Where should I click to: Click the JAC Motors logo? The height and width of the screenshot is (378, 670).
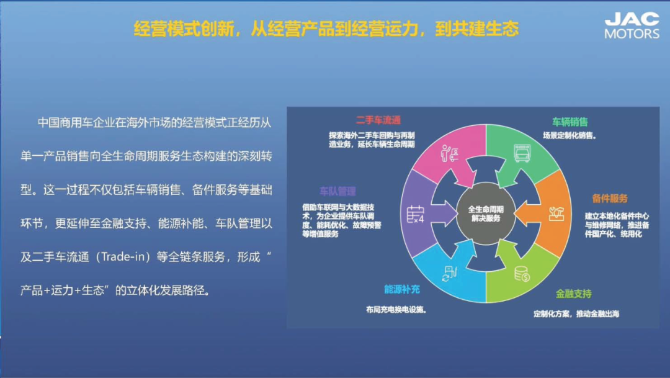click(x=632, y=25)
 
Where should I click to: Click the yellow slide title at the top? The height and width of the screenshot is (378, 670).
click(x=326, y=29)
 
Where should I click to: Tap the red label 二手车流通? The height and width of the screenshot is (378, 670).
click(x=378, y=120)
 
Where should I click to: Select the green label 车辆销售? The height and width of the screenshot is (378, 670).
click(x=569, y=122)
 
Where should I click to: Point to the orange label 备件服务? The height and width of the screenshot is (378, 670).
click(x=610, y=199)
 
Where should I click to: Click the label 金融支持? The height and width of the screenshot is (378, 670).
click(x=573, y=294)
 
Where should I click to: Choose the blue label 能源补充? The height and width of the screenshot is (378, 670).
click(x=401, y=289)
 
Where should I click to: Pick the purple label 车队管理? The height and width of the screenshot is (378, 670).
click(x=337, y=191)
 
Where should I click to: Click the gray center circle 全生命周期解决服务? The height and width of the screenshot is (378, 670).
click(x=486, y=214)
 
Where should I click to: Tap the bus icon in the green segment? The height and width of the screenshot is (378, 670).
click(x=522, y=153)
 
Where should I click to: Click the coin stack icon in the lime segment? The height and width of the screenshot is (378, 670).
click(x=522, y=274)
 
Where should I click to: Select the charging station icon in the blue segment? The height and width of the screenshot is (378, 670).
click(x=450, y=274)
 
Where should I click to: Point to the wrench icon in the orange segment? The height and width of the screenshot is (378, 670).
click(x=556, y=214)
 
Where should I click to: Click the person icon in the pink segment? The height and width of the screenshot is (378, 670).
click(x=449, y=153)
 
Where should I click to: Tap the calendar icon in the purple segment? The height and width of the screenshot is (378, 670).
click(x=415, y=214)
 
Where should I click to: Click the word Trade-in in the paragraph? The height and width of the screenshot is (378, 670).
click(x=123, y=257)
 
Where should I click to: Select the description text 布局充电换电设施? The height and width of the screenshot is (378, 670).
click(x=396, y=310)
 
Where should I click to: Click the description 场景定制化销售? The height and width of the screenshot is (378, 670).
click(x=569, y=135)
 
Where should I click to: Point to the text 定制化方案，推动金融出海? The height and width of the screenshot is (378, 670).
click(x=576, y=314)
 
